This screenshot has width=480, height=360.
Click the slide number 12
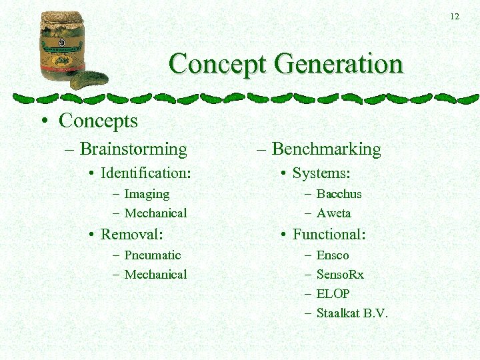(455, 17)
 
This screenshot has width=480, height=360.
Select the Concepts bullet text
(98, 121)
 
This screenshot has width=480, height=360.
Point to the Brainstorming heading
(133, 149)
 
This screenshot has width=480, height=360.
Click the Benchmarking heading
(326, 149)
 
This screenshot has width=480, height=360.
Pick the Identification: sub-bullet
(145, 173)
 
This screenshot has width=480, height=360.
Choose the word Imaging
(147, 194)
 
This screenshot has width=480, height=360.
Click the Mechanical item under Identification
(155, 213)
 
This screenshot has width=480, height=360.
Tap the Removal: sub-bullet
(131, 234)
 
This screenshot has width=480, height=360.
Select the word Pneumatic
(152, 255)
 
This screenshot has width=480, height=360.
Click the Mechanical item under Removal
(155, 275)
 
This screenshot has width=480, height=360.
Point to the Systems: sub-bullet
(321, 173)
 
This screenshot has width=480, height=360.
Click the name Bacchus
(339, 194)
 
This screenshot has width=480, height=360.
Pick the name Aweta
(333, 213)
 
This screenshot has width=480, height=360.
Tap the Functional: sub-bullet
(329, 234)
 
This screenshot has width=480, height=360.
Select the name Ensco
(333, 255)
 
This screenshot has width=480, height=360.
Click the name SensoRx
(340, 275)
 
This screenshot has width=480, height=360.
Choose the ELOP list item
(333, 294)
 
